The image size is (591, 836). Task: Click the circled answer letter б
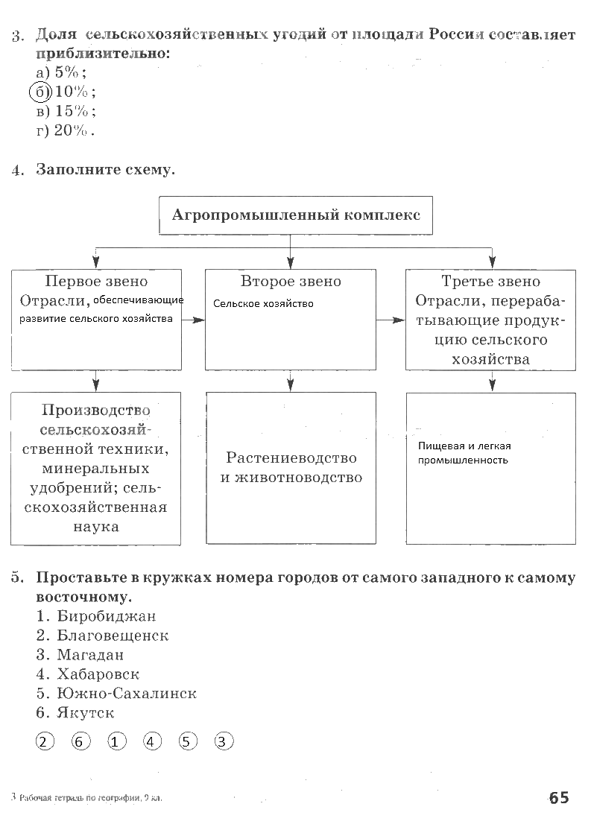point(39,92)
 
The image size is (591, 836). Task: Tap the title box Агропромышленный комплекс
point(296,216)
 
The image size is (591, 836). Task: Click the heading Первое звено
point(96,282)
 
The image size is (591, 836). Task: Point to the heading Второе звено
point(291,282)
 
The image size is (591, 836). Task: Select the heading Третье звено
point(490,282)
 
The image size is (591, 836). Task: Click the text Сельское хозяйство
point(263,304)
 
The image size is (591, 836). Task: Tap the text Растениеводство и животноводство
point(291,467)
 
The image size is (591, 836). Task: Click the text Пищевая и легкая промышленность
point(464,453)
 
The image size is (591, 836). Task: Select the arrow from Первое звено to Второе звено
point(194,320)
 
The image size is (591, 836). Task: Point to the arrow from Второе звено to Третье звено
point(391,320)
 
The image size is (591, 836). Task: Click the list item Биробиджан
point(106,616)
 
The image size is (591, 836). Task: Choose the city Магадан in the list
point(90,655)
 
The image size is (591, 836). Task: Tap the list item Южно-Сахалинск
point(126,694)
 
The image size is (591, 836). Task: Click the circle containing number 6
point(80,741)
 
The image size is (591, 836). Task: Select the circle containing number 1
point(116,741)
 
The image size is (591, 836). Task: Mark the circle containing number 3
point(224,741)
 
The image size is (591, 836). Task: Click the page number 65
point(558,798)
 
